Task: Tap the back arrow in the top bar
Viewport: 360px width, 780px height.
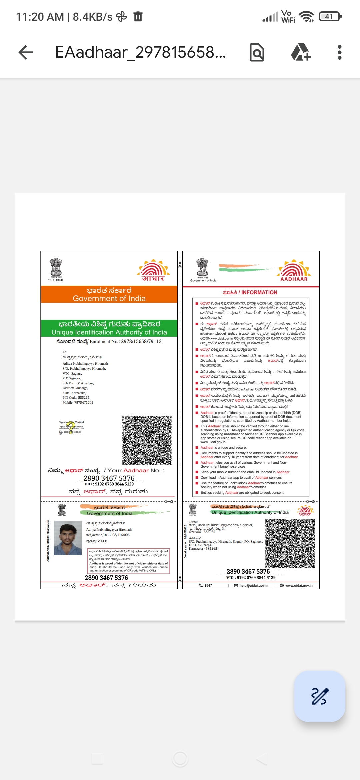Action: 26,52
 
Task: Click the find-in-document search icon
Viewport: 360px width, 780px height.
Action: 257,52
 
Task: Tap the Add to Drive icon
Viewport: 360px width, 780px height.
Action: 301,52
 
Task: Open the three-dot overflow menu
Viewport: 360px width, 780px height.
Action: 339,52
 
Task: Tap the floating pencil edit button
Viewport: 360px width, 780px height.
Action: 319,696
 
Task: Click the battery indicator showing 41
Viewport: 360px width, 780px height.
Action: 330,17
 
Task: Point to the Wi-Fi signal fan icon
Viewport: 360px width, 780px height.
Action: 306,16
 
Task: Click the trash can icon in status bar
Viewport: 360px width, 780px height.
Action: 138,16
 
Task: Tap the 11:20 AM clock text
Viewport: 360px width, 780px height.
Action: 40,17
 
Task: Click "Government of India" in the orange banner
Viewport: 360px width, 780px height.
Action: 109,298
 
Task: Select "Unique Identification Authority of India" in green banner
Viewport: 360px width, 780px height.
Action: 109,332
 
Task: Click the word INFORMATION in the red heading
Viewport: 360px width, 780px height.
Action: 259,292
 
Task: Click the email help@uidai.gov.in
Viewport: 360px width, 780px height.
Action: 253,585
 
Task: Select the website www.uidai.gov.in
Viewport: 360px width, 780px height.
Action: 299,585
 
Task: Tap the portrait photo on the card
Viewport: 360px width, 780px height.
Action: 68,538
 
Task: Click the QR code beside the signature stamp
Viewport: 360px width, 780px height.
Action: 147,440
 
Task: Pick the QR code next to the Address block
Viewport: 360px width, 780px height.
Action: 290,544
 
